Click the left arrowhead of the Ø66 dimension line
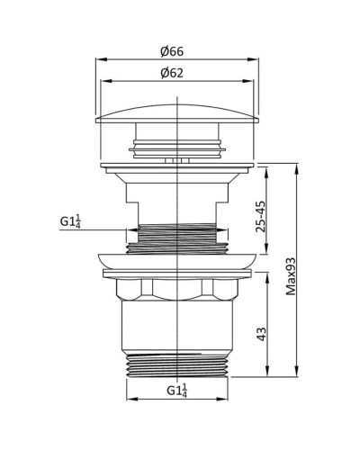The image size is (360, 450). (x=98, y=61)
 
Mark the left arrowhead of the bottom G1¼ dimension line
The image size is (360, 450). (x=128, y=398)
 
